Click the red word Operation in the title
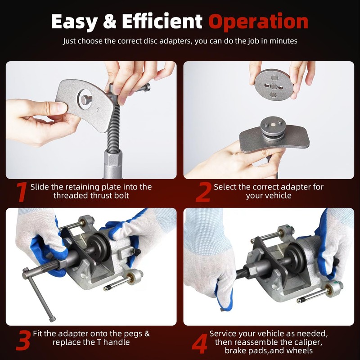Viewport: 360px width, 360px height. point(258,21)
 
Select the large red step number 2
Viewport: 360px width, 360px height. point(203,192)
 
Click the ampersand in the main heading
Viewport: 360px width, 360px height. point(113,21)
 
